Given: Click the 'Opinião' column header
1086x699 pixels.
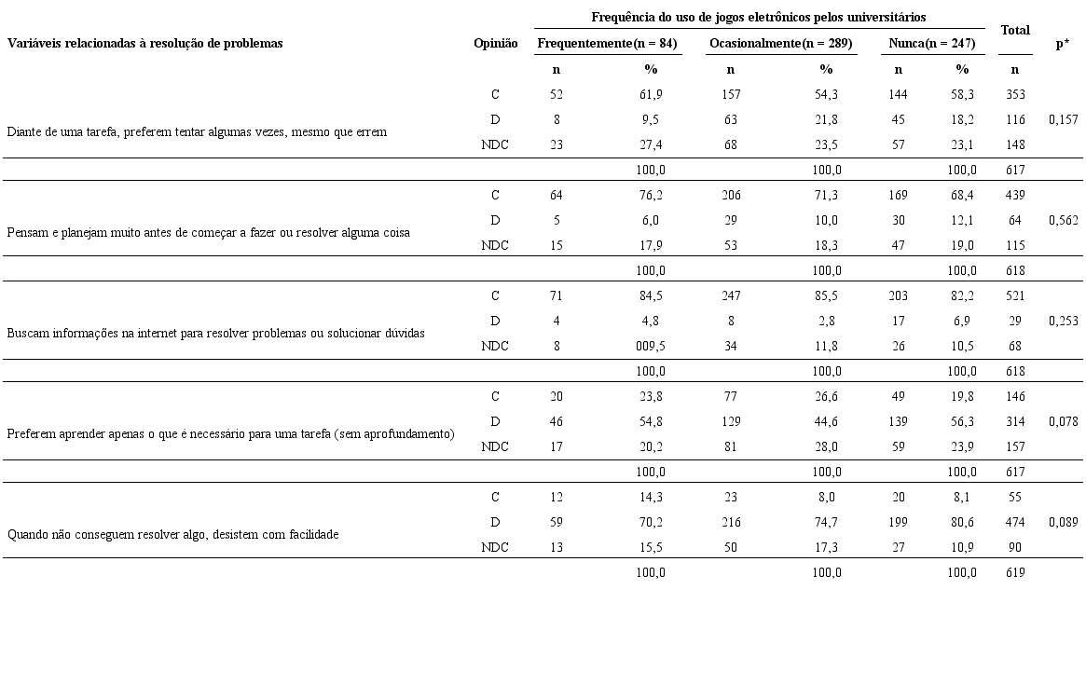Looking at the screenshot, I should [495, 44].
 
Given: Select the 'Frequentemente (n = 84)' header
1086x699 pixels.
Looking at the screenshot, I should [607, 44].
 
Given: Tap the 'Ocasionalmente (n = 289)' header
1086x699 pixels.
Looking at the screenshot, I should [780, 44].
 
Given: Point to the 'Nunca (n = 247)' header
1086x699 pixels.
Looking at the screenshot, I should [932, 44].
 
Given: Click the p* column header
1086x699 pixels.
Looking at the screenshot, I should [1062, 44].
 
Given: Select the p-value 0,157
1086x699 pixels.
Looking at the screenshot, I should [1063, 119].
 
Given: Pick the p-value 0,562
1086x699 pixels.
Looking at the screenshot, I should [1063, 220].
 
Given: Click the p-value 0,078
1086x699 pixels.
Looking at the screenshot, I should [1063, 421].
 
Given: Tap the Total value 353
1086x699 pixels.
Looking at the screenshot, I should [1015, 94].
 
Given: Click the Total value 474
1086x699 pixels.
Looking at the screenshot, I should [1015, 522].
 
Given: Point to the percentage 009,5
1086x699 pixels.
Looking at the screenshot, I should [650, 346].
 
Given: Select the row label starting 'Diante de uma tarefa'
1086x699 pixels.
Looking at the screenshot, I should [197, 131].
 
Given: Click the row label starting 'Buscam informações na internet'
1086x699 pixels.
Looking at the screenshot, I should [215, 333].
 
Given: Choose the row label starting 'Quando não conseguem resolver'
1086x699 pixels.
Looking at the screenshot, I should [172, 534].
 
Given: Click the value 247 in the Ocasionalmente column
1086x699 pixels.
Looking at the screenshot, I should [731, 295].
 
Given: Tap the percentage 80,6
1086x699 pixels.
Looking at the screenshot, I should [962, 522].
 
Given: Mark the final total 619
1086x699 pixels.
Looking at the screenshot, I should [1015, 572].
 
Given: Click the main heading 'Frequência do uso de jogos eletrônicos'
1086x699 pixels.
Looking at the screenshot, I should [758, 18].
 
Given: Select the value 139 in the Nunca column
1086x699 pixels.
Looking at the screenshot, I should [899, 421].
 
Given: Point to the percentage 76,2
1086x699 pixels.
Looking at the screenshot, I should [650, 195].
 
